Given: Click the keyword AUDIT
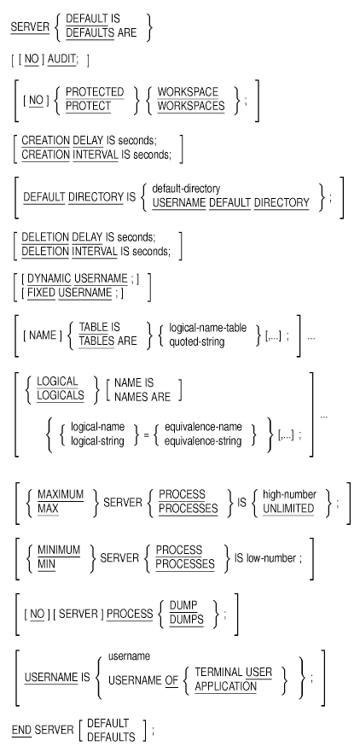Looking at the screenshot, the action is (61, 60).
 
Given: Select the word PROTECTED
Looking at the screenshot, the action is (95, 91).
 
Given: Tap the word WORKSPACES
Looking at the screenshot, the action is (191, 106).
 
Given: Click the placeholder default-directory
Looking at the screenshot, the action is (186, 189).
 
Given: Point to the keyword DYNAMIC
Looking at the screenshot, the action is (49, 278).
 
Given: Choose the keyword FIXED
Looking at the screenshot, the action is (41, 293).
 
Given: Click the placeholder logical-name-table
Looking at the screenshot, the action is (207, 328).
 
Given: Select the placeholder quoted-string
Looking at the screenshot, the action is (196, 341).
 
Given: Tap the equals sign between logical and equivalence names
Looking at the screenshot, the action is (146, 434).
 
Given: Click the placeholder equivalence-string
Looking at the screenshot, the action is (203, 440).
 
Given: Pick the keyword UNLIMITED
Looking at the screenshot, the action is (288, 509).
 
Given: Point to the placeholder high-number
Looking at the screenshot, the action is (289, 494).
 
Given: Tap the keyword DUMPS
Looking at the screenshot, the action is (187, 620).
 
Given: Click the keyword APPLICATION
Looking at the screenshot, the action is (226, 686).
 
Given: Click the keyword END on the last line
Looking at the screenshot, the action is (21, 730).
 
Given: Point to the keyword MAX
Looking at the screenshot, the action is (49, 509).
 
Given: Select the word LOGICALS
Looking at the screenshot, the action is (61, 396).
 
